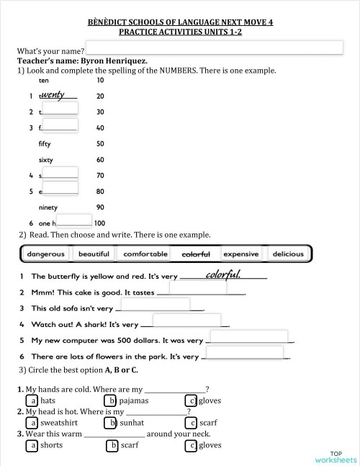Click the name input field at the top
[213, 48]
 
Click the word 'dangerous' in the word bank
[46, 254]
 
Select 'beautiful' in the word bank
[94, 254]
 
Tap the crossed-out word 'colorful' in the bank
[196, 254]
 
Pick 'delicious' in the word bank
[288, 254]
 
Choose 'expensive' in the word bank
[240, 254]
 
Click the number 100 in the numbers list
[100, 223]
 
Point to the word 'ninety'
[48, 207]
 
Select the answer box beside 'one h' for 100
[74, 220]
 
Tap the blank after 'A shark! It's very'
[186, 321]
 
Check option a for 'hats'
[32, 400]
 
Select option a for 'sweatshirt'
[32, 423]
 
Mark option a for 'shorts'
[32, 445]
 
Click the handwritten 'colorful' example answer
[222, 274]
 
